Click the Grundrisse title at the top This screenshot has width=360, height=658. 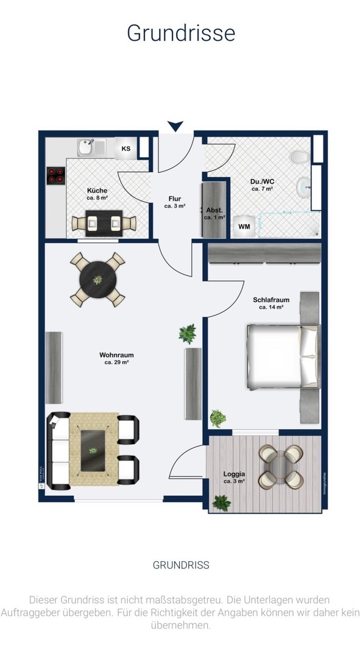point(180,33)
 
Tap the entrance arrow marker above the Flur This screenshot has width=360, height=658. point(175,126)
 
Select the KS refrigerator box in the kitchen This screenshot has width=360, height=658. point(126,149)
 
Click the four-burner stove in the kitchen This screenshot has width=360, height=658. point(56,175)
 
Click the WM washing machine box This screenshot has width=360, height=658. point(244,227)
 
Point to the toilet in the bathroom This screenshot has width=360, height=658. point(299,158)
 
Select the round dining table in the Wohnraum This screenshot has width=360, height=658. point(97,280)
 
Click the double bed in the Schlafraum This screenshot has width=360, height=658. point(281,357)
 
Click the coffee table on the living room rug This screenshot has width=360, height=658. point(93,449)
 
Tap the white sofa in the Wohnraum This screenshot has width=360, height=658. point(59,451)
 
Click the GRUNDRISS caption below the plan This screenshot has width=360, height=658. point(180,565)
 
